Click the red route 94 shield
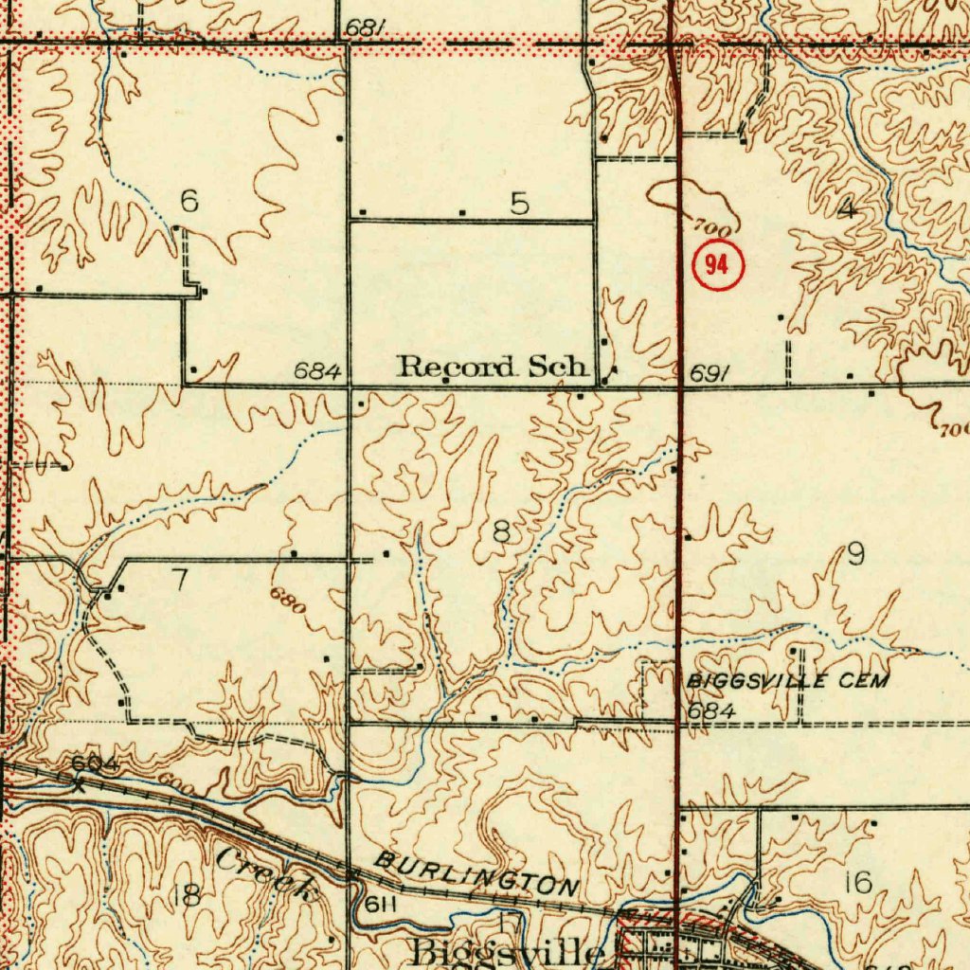click(x=719, y=266)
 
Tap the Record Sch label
click(x=493, y=367)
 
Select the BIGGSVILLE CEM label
click(x=788, y=681)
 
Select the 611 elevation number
click(x=380, y=905)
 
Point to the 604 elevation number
click(x=94, y=764)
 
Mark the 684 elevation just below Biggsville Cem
click(x=711, y=710)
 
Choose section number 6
click(x=189, y=201)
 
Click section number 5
click(x=519, y=203)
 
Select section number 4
click(x=846, y=211)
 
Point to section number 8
click(x=501, y=533)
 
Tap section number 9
click(x=855, y=554)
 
